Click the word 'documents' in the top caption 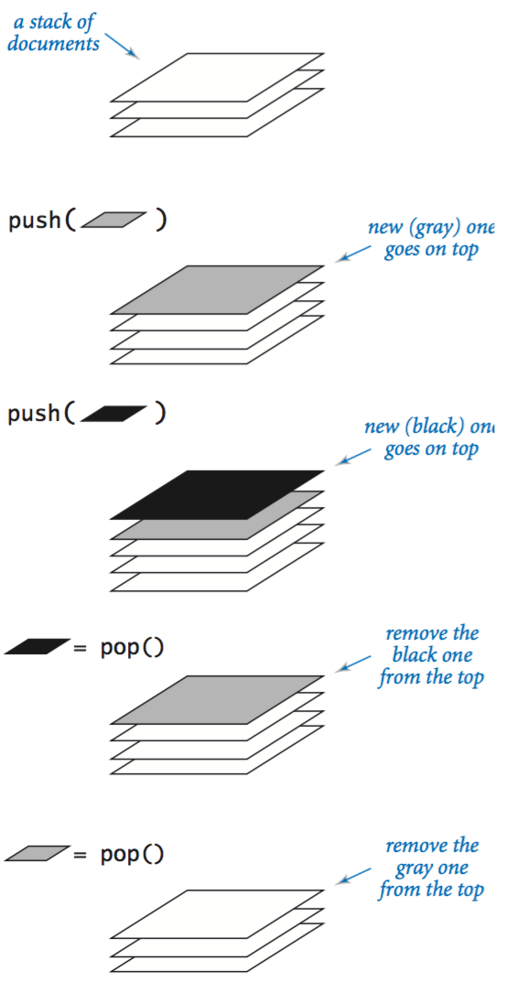point(54,43)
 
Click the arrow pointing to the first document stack point(123,46)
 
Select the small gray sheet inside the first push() point(113,220)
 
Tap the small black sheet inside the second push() point(113,415)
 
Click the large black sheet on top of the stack point(217,494)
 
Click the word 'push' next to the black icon point(34,415)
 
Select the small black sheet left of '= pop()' point(37,647)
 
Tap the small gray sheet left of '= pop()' point(37,853)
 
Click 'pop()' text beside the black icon point(132,648)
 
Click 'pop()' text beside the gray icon point(132,854)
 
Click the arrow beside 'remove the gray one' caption point(354,873)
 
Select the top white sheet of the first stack point(217,77)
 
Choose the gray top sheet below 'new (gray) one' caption point(217,289)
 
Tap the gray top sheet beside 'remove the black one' point(217,699)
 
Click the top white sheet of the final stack point(217,913)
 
